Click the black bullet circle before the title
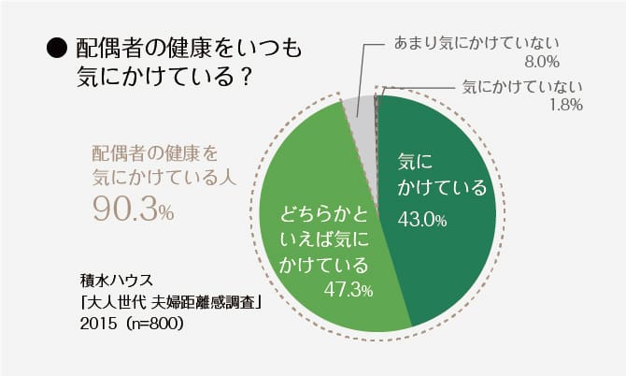(x=54, y=48)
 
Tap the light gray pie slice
(x=361, y=140)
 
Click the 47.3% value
(x=348, y=290)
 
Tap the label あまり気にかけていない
(x=477, y=43)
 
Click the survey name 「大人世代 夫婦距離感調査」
(x=168, y=302)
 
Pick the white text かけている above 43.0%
(x=443, y=188)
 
